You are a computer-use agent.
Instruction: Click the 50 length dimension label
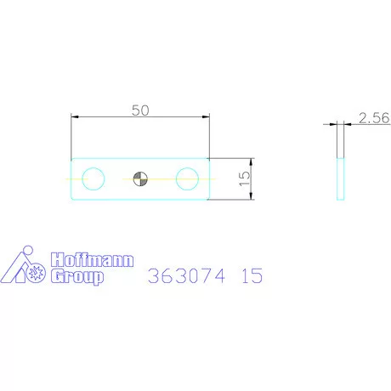[x=140, y=110]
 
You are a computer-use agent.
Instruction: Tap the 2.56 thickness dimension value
[x=374, y=118]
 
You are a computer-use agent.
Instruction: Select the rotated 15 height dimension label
[x=245, y=178]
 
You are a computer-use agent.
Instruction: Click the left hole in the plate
[x=93, y=178]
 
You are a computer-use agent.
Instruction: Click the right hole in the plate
[x=187, y=178]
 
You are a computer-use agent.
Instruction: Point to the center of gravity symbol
[x=140, y=179]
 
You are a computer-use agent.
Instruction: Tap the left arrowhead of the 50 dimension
[x=75, y=116]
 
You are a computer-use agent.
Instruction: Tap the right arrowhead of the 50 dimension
[x=206, y=116]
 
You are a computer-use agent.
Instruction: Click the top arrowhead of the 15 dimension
[x=251, y=162]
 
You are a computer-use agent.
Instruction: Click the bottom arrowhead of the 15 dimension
[x=251, y=195]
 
